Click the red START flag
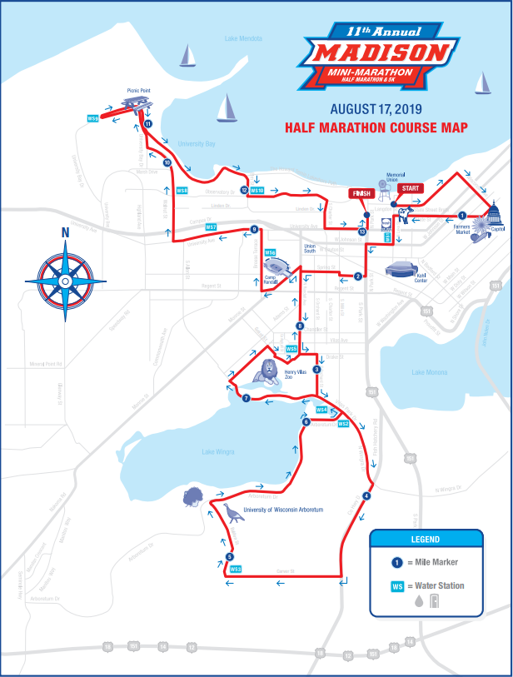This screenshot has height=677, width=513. pos(410,188)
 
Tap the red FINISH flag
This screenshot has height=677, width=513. pos(360,194)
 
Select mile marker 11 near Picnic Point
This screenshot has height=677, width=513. pos(147,124)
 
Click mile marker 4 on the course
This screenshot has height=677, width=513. pos(366,495)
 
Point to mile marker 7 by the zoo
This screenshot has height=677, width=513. pos(246,399)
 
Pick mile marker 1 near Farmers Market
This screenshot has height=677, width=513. pos(462,216)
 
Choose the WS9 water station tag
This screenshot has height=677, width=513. pos(93,119)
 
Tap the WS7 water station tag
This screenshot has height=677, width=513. pos(211,227)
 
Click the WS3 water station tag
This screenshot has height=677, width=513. pos(235,570)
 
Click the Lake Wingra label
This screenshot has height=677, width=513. pos(218,451)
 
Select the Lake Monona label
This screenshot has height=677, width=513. pos(430,372)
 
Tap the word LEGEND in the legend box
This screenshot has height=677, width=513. pos(426,539)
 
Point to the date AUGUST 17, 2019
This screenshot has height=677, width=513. pos(376,109)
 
